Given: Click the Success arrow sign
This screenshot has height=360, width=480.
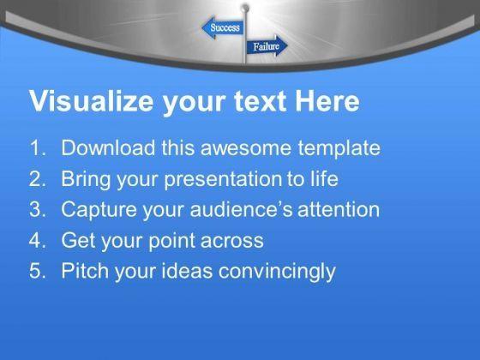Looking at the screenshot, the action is (x=223, y=27).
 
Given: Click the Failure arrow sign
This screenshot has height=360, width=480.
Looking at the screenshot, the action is (x=267, y=46).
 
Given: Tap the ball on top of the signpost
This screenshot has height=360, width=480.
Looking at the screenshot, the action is (x=245, y=8).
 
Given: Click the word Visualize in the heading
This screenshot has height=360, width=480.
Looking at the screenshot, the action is (x=91, y=101).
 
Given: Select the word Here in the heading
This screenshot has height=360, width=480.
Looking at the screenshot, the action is (x=327, y=101).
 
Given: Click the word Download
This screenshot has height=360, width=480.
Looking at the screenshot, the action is (x=108, y=147).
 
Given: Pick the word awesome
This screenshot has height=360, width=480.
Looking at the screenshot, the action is (x=245, y=149).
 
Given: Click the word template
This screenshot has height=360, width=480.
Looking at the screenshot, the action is (x=339, y=149).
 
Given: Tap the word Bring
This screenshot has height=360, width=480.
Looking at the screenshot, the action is (x=86, y=180).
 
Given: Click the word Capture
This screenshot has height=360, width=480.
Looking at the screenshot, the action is (x=99, y=210).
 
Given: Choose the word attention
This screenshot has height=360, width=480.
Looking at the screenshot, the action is (x=339, y=210).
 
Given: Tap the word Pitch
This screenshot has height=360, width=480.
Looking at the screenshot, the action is (x=85, y=271).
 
